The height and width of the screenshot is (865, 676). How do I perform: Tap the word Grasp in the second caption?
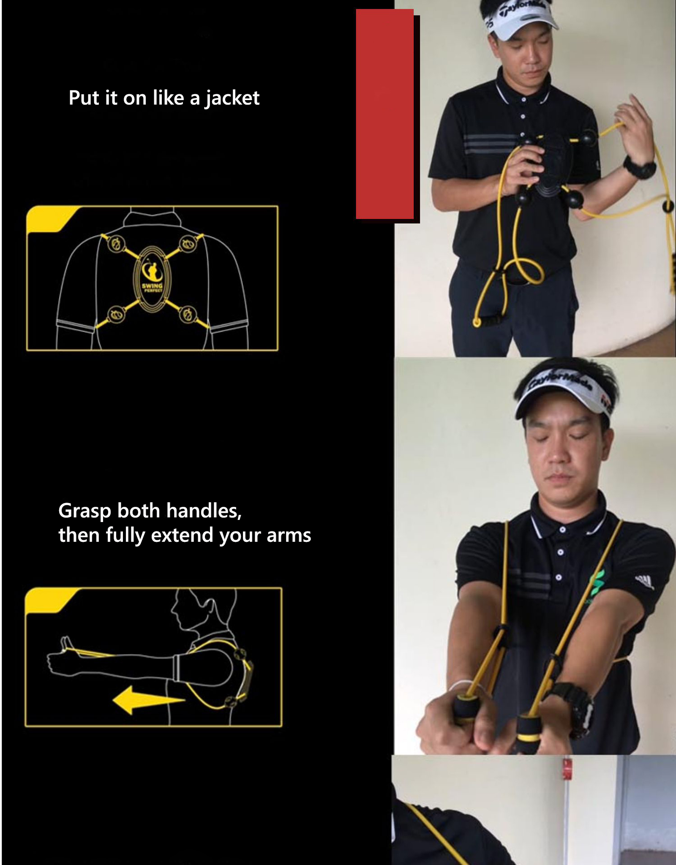pyautogui.click(x=85, y=511)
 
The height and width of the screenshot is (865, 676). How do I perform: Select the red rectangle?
pyautogui.click(x=384, y=114)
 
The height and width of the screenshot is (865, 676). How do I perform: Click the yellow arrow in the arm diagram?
pyautogui.click(x=148, y=700)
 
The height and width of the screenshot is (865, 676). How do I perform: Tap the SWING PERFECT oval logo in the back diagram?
pyautogui.click(x=152, y=279)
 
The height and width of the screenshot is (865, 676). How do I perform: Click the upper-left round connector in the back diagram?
pyautogui.click(x=116, y=244)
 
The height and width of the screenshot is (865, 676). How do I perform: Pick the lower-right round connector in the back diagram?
pyautogui.click(x=188, y=314)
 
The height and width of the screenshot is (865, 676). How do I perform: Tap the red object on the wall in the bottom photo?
pyautogui.click(x=567, y=769)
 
